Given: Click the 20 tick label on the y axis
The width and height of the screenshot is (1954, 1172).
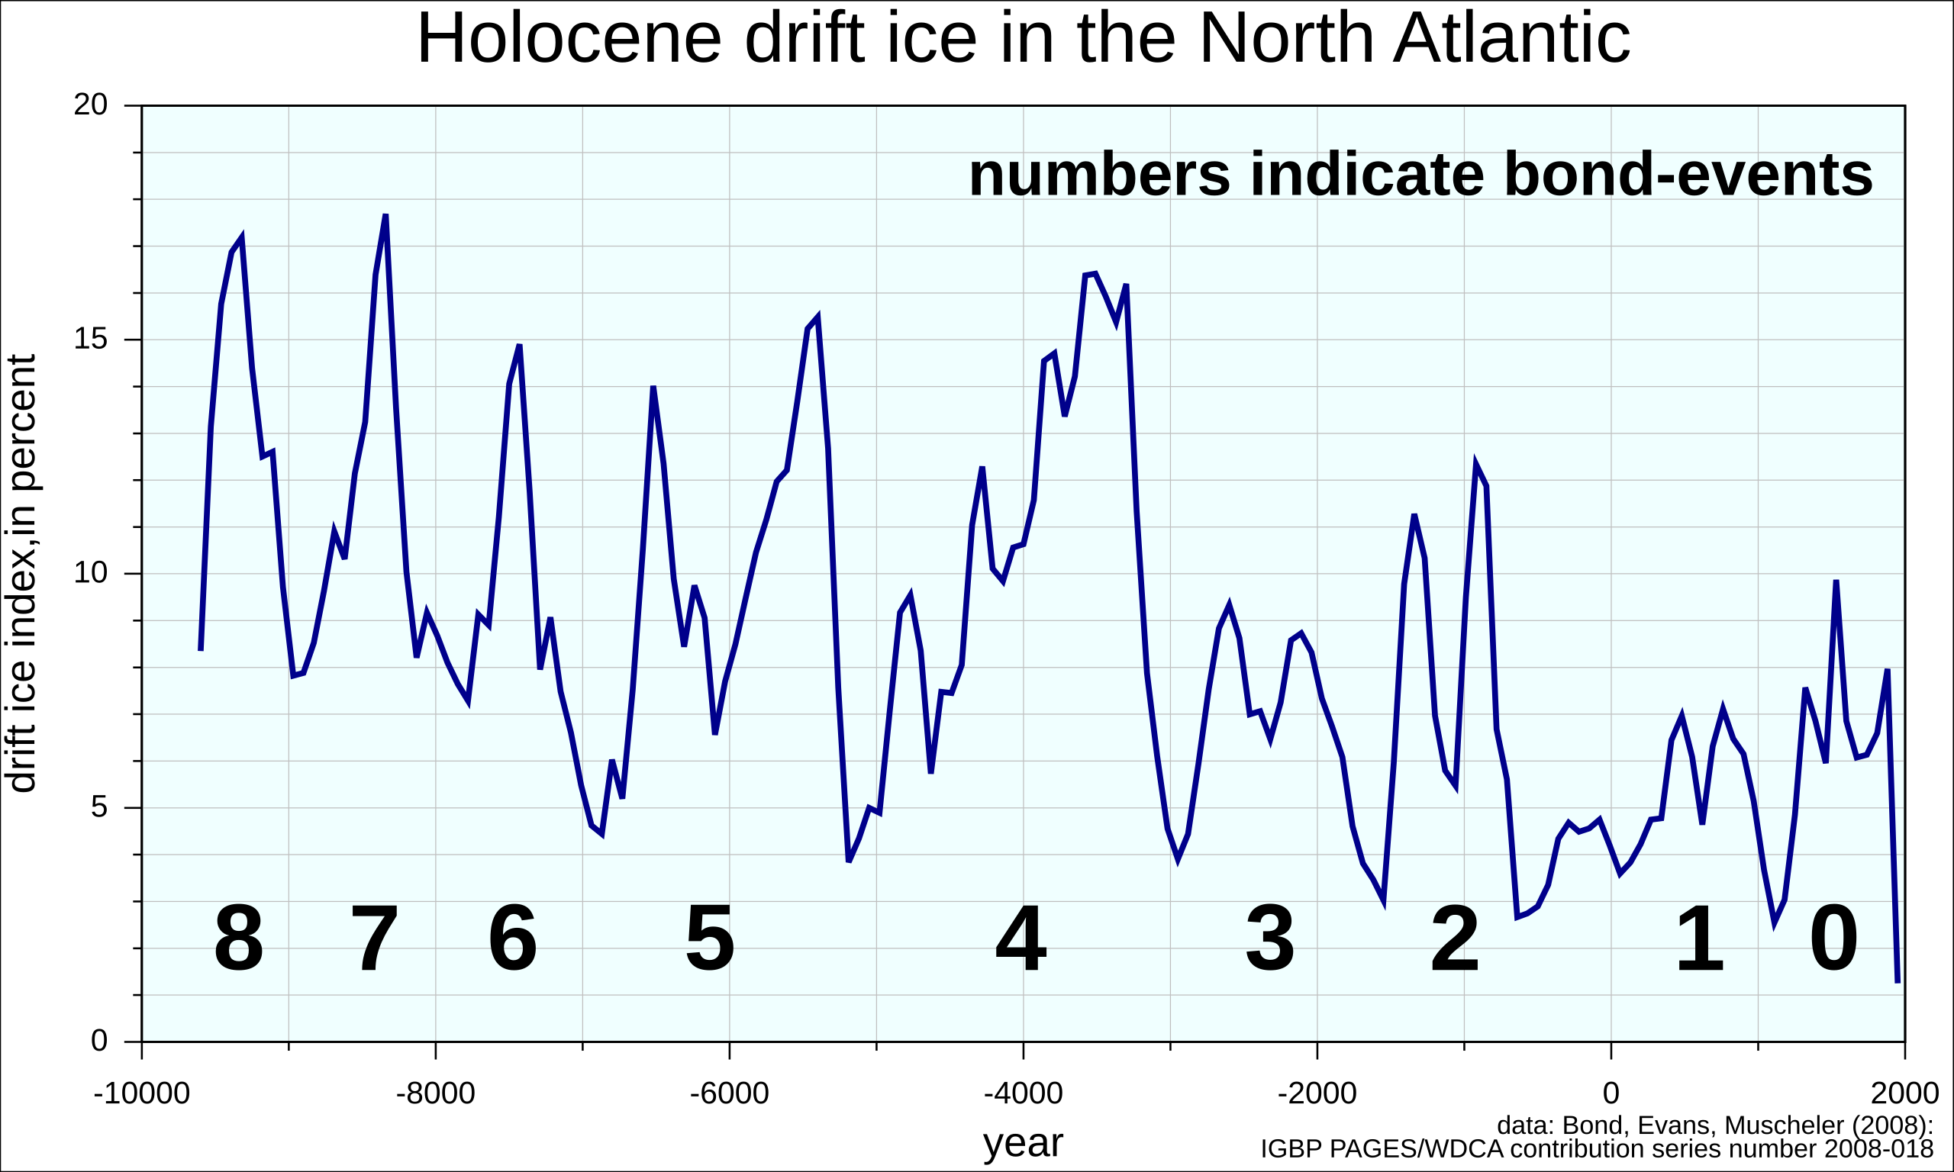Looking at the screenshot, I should (x=90, y=105).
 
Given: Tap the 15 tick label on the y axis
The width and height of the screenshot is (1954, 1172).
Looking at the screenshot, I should (x=90, y=339).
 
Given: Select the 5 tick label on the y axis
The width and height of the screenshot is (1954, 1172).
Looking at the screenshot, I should (x=98, y=807).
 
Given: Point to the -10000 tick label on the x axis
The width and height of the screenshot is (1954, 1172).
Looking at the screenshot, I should (x=141, y=1094).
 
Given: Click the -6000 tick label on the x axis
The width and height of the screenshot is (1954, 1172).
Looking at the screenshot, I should (x=729, y=1094).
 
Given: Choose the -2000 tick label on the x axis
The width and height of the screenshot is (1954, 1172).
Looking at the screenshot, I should (x=1317, y=1094).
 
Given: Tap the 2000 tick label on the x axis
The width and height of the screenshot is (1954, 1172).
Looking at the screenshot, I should (x=1904, y=1094).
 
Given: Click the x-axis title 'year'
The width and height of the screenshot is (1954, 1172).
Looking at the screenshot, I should (x=1023, y=1143).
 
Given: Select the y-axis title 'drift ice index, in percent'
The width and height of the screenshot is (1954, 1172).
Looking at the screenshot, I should (x=21, y=573).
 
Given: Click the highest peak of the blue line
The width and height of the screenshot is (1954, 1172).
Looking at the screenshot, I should (x=385, y=216).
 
